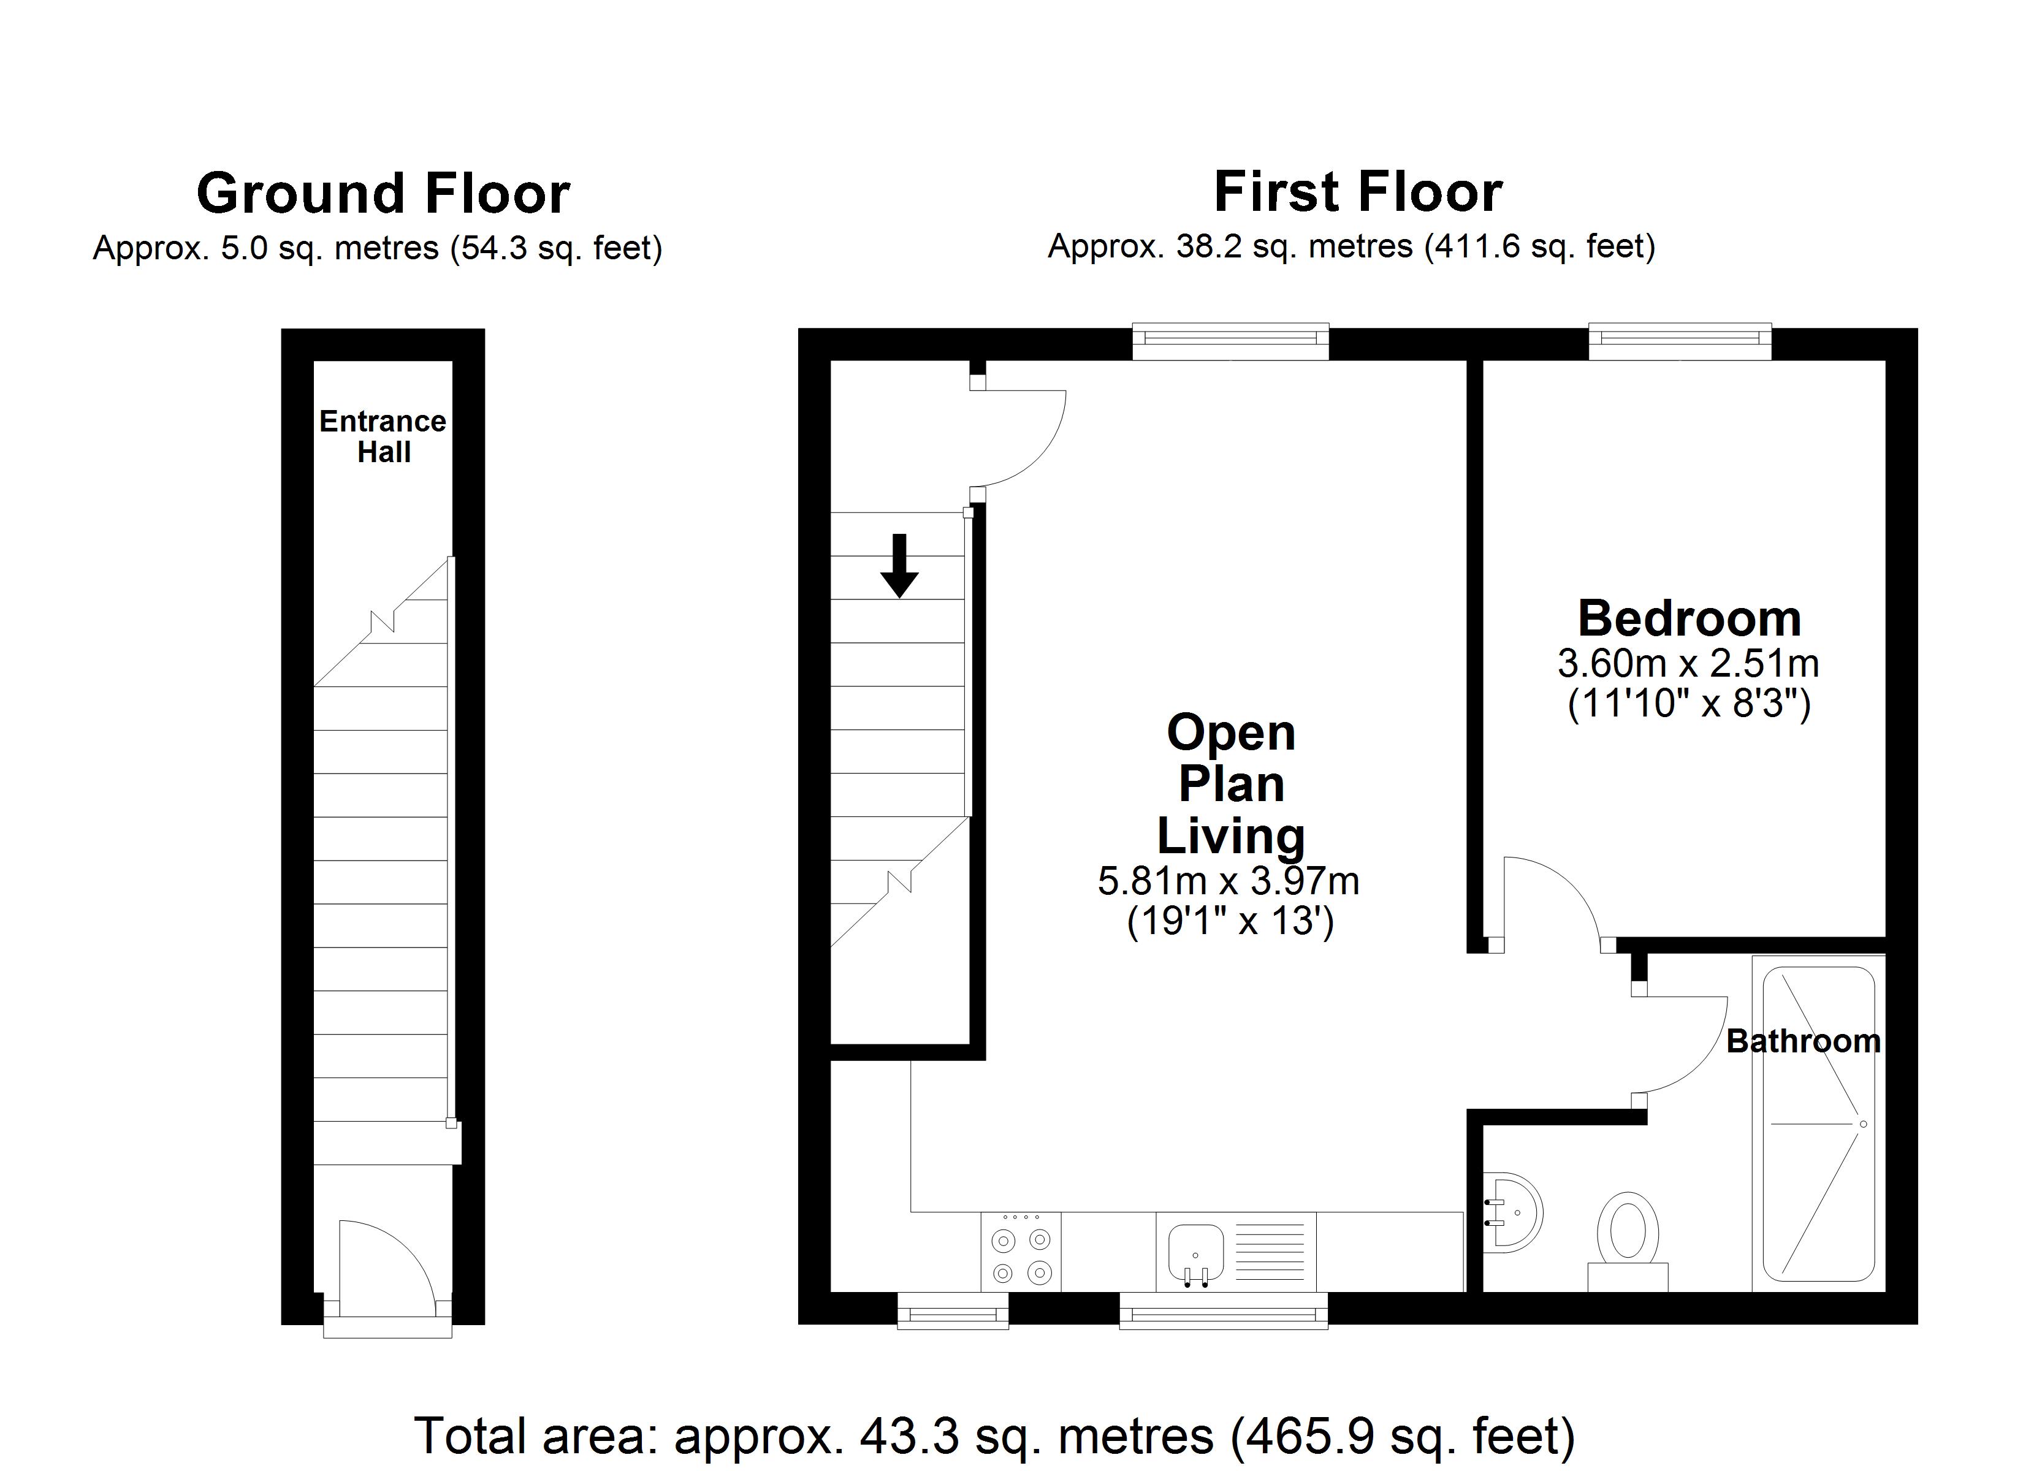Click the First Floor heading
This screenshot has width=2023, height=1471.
point(1358,192)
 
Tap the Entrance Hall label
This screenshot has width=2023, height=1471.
point(383,436)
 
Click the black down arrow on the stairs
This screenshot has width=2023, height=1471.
point(899,564)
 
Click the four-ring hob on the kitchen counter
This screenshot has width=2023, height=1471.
point(1021,1252)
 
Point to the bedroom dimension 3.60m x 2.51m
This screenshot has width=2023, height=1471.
point(1688,664)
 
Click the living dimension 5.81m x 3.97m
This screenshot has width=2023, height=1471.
point(1229,882)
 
